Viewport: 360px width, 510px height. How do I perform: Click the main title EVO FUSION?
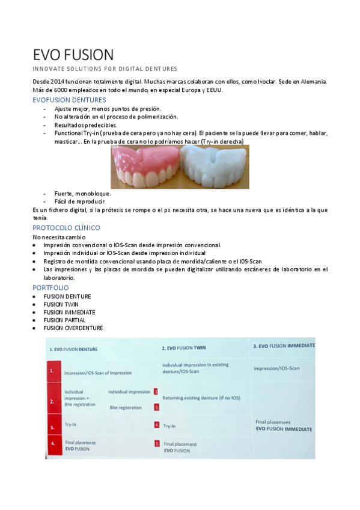(x=73, y=55)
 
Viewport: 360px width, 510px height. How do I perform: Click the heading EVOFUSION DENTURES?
(x=69, y=100)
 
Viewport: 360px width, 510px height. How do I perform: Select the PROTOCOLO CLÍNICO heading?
(x=66, y=228)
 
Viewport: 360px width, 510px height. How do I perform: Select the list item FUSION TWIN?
(x=61, y=304)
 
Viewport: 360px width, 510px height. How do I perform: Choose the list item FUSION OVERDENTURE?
(x=73, y=328)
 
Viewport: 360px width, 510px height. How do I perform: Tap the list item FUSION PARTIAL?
(x=64, y=320)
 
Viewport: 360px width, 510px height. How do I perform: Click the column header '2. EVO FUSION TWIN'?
(x=184, y=348)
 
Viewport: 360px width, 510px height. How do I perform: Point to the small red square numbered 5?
(x=156, y=444)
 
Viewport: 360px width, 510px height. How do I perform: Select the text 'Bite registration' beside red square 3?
(x=126, y=408)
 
